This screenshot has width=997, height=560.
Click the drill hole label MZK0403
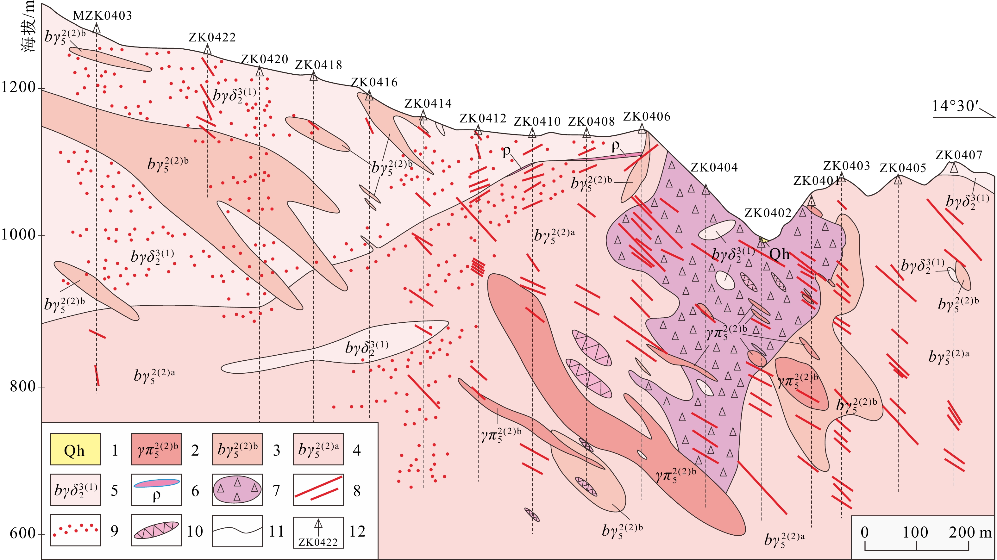click(103, 16)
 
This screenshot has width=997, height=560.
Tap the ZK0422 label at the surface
click(212, 38)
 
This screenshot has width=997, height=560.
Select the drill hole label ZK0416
click(374, 83)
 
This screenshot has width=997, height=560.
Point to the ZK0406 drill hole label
click(647, 116)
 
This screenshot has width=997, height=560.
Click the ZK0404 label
click(714, 168)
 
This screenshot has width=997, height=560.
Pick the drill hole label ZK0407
click(959, 155)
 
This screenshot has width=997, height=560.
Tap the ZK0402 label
click(768, 213)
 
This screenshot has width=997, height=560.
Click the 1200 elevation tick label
click(19, 87)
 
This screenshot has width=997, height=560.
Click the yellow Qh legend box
click(75, 449)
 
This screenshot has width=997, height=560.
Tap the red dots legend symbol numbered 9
click(75, 530)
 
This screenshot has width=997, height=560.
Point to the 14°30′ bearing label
click(955, 106)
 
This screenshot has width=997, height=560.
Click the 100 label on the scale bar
click(915, 532)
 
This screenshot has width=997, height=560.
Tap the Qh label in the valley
click(780, 254)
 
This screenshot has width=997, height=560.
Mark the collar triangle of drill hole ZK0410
click(532, 134)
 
